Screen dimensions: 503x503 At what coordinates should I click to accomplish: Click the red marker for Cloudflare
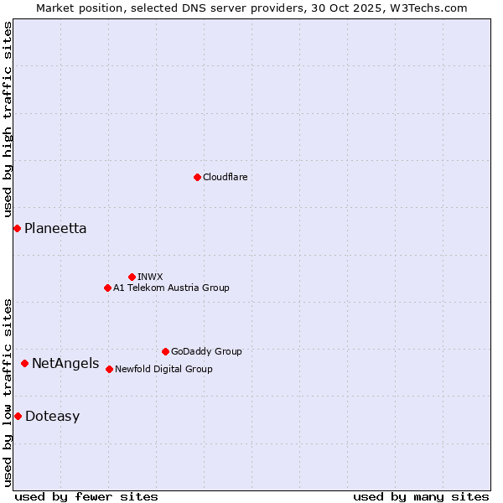[x=197, y=177]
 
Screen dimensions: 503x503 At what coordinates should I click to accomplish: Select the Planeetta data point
[x=17, y=228]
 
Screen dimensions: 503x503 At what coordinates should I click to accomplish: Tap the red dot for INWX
[x=132, y=277]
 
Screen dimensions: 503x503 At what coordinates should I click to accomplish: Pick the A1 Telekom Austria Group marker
[x=107, y=288]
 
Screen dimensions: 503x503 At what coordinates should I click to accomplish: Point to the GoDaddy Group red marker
[x=165, y=351]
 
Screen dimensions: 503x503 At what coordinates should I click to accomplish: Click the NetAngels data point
[x=25, y=363]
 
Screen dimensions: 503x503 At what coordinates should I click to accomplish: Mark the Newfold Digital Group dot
[x=109, y=369]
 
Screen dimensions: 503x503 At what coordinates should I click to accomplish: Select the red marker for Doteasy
[x=18, y=416]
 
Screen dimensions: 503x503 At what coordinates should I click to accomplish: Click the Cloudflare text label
[x=226, y=177]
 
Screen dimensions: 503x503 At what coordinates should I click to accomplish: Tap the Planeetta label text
[x=55, y=228]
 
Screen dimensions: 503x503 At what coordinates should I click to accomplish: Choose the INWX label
[x=150, y=277]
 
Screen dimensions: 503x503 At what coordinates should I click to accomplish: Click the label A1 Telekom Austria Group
[x=171, y=288]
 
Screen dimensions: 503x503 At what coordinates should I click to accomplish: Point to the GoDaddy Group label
[x=206, y=351]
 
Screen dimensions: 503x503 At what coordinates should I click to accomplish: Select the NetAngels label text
[x=65, y=363]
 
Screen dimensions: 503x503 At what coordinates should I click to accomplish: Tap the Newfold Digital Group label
[x=163, y=369]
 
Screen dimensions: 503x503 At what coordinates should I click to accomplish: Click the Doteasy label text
[x=52, y=416]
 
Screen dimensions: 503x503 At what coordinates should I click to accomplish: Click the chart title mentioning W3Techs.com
[x=251, y=8]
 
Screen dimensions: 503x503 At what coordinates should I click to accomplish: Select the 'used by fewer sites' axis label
[x=86, y=496]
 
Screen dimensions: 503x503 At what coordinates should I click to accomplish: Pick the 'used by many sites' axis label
[x=421, y=496]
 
